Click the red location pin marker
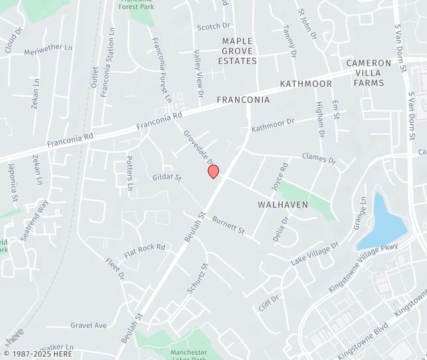[x=213, y=171]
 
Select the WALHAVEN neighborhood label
[x=283, y=205]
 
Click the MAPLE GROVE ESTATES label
[x=238, y=51]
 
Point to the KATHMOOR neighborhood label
[x=306, y=84]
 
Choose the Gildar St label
[x=167, y=178]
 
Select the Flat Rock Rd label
[x=144, y=251]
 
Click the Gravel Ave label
[x=89, y=325]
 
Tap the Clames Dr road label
[x=319, y=160]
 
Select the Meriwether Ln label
[x=48, y=48]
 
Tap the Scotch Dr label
[x=213, y=27]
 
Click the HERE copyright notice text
[x=37, y=353]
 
